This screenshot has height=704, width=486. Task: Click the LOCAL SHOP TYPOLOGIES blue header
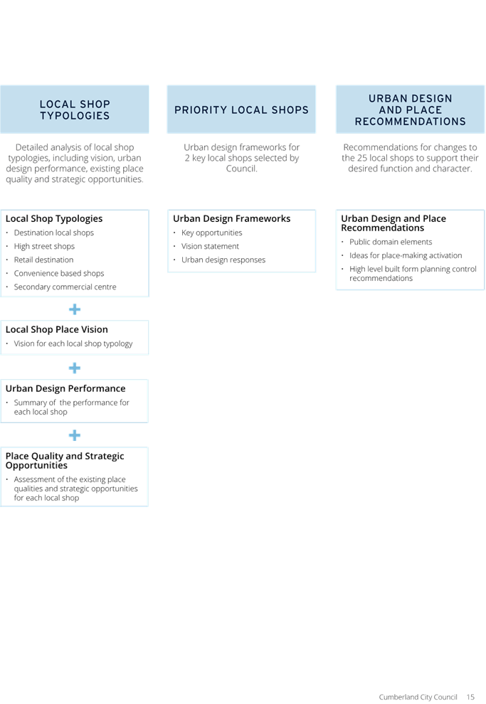tap(75, 110)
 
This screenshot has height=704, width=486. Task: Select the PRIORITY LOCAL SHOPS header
tap(241, 110)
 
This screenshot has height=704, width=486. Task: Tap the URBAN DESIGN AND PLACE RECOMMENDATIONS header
tap(410, 110)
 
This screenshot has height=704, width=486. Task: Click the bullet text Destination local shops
tap(54, 233)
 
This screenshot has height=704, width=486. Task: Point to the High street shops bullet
tap(44, 246)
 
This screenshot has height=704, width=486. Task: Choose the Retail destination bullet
tap(43, 260)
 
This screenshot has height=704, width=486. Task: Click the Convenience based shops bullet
tap(59, 273)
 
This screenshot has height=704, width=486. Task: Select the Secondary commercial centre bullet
tap(65, 287)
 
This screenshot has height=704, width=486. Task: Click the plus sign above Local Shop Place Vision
tap(75, 309)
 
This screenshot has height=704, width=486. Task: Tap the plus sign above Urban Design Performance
tap(75, 368)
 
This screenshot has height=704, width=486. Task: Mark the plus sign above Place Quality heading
tap(75, 435)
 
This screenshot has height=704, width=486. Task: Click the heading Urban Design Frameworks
tap(232, 218)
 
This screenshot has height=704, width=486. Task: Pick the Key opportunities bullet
tap(211, 233)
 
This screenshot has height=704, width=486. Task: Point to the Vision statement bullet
tap(210, 246)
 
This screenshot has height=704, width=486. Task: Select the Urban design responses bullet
tap(223, 260)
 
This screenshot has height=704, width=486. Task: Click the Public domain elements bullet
tap(391, 242)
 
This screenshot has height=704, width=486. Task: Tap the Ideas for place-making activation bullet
tap(406, 255)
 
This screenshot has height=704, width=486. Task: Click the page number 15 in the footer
tap(470, 697)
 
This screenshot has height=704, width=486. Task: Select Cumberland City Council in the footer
tap(418, 697)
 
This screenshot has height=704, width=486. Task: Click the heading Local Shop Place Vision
tap(57, 329)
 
